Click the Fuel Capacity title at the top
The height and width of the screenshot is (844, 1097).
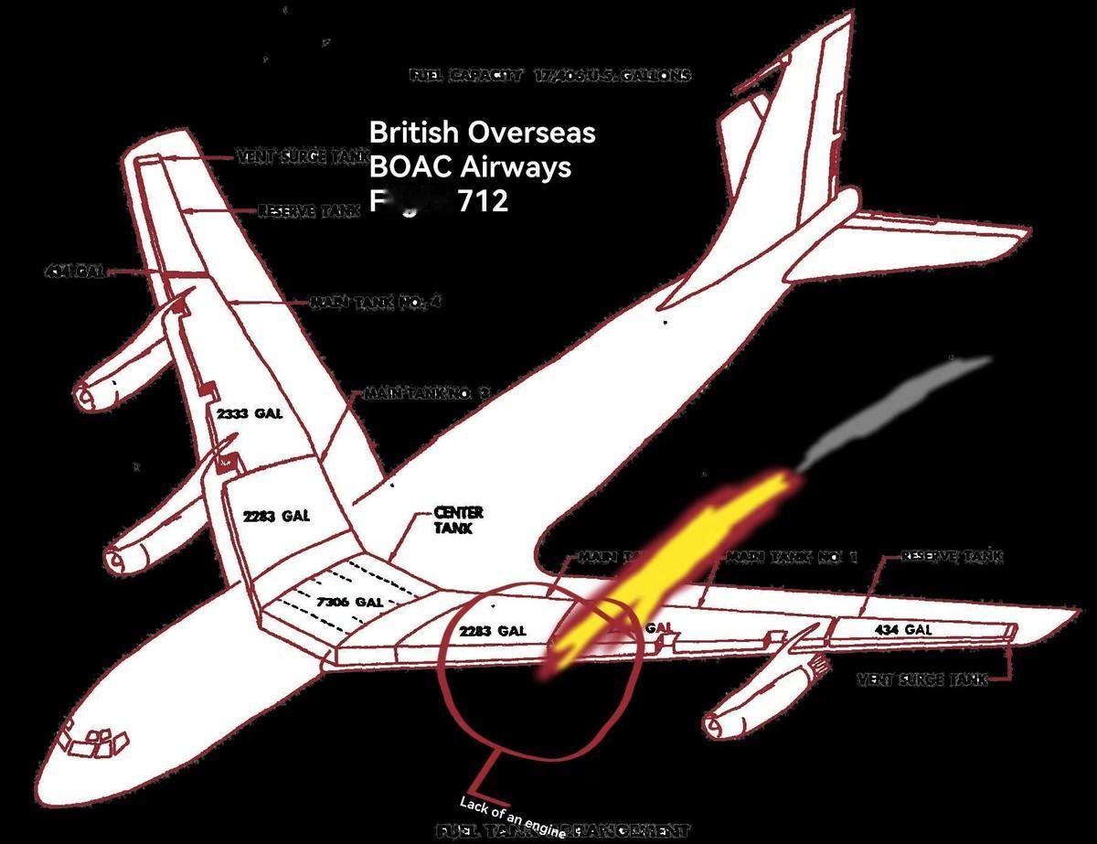tap(550, 76)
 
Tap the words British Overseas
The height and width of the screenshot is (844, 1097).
tap(482, 133)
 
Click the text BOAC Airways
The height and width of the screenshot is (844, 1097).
tap(470, 167)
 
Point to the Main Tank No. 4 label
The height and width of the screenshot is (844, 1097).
tap(376, 302)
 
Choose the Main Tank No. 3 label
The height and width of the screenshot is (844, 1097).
tap(427, 394)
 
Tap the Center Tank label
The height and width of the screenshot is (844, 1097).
tap(458, 520)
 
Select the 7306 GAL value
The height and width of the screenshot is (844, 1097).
tap(349, 602)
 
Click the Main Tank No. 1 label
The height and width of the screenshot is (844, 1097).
tap(791, 556)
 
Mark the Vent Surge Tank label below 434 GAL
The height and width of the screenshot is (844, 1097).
tap(921, 679)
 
